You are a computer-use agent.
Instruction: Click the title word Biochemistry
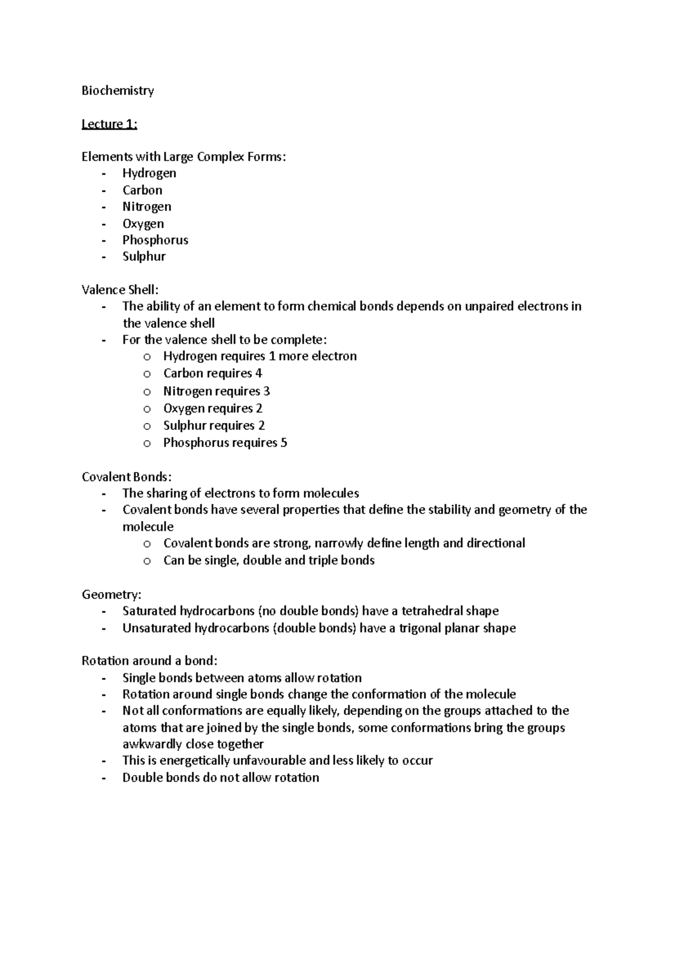tap(118, 91)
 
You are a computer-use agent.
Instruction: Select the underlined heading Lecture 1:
tap(109, 124)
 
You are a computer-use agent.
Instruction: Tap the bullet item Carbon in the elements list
tap(142, 190)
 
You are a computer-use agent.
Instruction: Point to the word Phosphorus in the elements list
tap(155, 240)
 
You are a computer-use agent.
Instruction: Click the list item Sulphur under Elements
tap(144, 256)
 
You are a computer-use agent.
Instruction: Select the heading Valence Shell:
tap(120, 290)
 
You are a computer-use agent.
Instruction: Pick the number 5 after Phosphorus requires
tap(283, 443)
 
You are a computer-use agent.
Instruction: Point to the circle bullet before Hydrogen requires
tap(147, 357)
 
